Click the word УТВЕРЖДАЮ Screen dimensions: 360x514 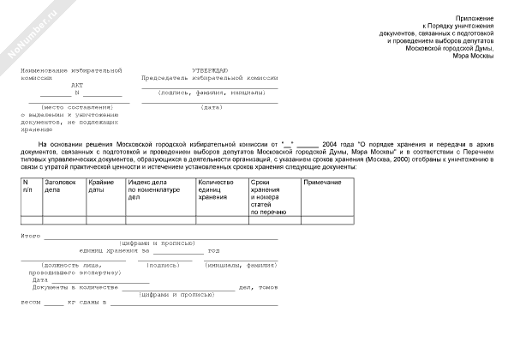209,69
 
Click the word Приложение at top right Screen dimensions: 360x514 473,17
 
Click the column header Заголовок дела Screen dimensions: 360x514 62,186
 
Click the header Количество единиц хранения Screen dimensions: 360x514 216,190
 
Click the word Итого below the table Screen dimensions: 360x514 31,235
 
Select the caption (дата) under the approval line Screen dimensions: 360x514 212,107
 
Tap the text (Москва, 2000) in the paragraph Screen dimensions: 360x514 390,159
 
